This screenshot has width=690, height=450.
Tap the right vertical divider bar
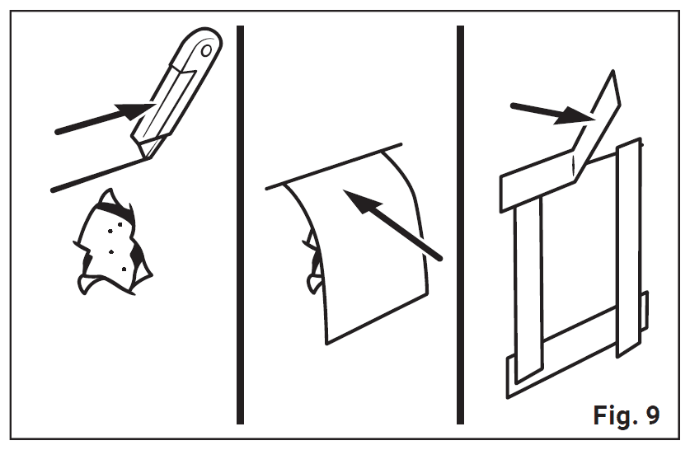460,223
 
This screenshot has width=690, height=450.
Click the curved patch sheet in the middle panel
371,264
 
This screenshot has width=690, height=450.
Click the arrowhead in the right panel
577,117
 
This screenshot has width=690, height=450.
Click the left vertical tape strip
528,288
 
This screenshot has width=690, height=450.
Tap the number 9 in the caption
652,415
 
